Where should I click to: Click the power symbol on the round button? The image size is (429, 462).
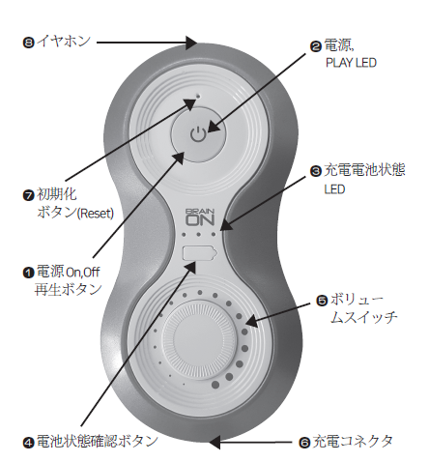coord(197,134)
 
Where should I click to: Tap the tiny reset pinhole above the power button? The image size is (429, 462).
coord(198,96)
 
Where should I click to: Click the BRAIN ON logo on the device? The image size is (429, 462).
coord(200,217)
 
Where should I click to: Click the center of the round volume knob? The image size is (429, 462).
coord(199,339)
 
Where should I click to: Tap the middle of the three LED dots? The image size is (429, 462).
coord(199,234)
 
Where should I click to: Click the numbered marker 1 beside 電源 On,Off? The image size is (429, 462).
coord(28,273)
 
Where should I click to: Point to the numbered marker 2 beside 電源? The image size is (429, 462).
coord(316,46)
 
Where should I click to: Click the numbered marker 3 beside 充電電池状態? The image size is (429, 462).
coord(316,171)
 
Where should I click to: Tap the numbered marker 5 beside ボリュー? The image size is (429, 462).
coord(322,301)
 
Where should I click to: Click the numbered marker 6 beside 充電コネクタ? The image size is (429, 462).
coord(304,443)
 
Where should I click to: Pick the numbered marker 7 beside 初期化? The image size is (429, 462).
coord(28,195)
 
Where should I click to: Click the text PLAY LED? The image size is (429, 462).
coord(351,63)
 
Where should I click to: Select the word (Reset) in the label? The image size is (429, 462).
coord(96,214)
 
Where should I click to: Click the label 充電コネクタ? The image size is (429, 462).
coord(354,442)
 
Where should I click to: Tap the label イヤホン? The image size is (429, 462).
coord(64,42)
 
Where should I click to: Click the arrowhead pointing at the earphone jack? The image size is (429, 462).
coord(191,43)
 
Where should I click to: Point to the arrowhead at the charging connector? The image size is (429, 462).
coord(214,442)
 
